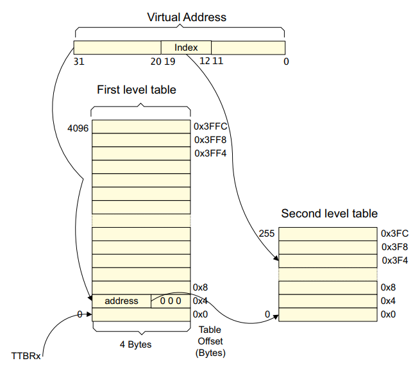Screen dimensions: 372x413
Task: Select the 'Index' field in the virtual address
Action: pyautogui.click(x=185, y=47)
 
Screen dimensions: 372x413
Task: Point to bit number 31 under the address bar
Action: pyautogui.click(x=79, y=62)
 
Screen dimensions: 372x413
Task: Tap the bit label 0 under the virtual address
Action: pyautogui.click(x=285, y=62)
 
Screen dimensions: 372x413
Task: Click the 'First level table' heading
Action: pyautogui.click(x=136, y=90)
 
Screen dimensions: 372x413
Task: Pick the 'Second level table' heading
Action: pyautogui.click(x=329, y=214)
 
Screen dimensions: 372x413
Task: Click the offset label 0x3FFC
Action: pyautogui.click(x=210, y=127)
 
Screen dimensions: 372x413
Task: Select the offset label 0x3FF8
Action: pyautogui.click(x=210, y=140)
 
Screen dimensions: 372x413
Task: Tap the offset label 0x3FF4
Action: pyautogui.click(x=210, y=153)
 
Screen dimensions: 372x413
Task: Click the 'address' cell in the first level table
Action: pyautogui.click(x=121, y=301)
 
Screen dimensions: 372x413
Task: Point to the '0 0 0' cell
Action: pyautogui.click(x=171, y=301)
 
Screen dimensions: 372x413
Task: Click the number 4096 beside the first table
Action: pyautogui.click(x=78, y=128)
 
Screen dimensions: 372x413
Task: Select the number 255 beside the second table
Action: pyautogui.click(x=267, y=234)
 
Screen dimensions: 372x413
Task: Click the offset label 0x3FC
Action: pyautogui.click(x=394, y=234)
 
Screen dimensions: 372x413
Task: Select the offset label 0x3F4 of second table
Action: pyautogui.click(x=394, y=260)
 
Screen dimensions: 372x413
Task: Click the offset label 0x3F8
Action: pyautogui.click(x=394, y=247)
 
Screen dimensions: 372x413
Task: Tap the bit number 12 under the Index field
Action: pyautogui.click(x=205, y=62)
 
